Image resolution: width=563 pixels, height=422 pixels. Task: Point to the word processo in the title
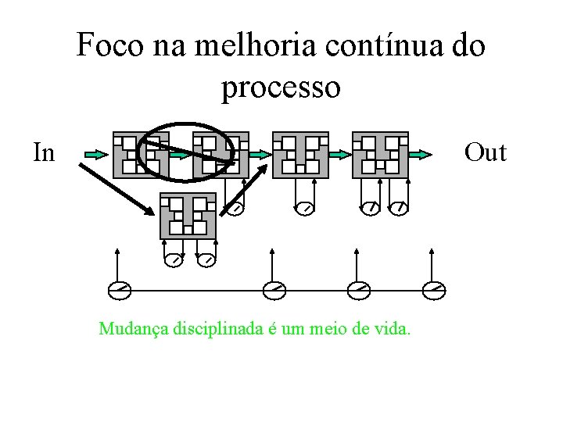(x=281, y=88)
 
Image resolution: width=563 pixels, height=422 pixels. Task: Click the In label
(x=45, y=152)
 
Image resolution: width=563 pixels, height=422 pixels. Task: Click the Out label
(x=485, y=152)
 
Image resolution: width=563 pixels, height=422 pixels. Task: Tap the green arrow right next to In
(x=95, y=155)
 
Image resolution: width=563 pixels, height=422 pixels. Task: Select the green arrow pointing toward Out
(x=420, y=155)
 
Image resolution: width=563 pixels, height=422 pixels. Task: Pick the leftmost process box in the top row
(x=141, y=155)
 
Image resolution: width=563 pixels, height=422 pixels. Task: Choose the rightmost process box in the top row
(x=380, y=155)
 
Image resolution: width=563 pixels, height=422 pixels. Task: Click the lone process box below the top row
(x=188, y=216)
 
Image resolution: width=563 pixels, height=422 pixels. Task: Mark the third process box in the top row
(x=300, y=155)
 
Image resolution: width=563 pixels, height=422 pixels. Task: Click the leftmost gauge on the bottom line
(x=119, y=291)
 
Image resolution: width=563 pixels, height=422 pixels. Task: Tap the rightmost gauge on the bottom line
(x=434, y=291)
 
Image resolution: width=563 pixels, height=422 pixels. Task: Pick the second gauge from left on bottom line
(x=274, y=291)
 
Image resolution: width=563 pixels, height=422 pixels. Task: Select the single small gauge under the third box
(x=305, y=208)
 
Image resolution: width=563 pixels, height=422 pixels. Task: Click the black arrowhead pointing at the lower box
(x=150, y=209)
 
